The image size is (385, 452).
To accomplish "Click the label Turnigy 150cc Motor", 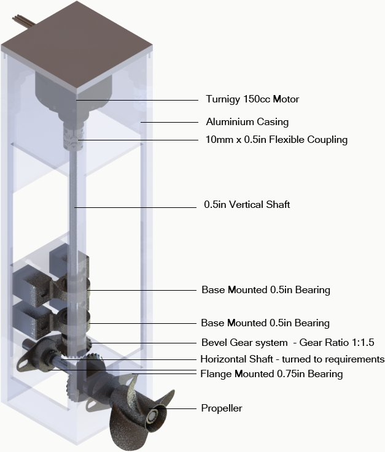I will (252, 99).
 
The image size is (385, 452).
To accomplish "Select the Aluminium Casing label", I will (247, 122).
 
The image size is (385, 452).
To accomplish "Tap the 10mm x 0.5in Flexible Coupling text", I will (276, 140).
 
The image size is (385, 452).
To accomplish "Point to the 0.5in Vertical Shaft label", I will (247, 205).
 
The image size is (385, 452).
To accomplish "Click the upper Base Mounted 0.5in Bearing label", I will (265, 289).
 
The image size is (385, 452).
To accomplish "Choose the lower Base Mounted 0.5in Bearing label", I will (265, 323).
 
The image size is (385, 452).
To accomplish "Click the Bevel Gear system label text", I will (244, 342).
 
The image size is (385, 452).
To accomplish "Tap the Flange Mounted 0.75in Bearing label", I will (271, 373).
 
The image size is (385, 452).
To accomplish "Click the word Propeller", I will (222, 408).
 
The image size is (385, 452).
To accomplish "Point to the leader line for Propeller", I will (184, 408).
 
